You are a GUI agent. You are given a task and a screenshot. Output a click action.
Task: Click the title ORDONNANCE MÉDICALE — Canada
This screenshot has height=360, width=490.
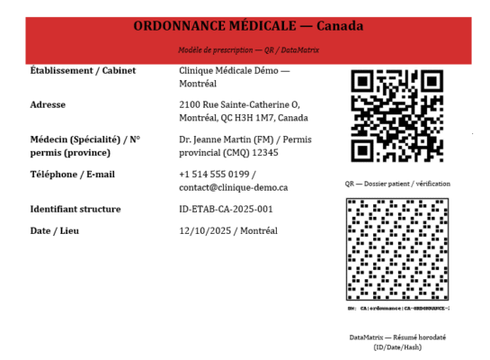click(248, 26)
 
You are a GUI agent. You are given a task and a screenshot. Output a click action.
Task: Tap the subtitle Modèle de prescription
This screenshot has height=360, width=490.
click(219, 51)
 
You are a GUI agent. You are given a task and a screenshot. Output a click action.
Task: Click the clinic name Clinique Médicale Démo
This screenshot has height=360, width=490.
click(234, 70)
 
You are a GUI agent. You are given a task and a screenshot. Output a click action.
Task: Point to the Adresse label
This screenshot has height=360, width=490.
click(49, 104)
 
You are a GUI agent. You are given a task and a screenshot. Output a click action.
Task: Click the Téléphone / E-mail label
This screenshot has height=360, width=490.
click(73, 174)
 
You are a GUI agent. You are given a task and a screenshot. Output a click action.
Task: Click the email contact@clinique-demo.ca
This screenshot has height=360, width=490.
click(234, 187)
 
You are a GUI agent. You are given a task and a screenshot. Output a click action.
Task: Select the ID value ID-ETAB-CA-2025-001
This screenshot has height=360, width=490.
click(226, 209)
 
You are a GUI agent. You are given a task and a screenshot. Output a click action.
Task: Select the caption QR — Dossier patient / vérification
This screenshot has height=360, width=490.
click(396, 184)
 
